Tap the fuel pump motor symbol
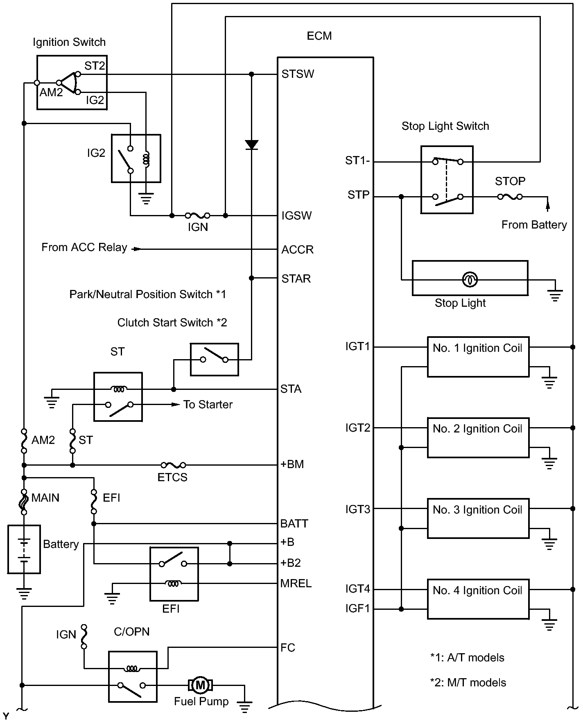coord(200,685)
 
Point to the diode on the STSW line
coord(251,145)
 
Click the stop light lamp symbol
coord(470,280)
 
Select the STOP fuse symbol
coord(510,197)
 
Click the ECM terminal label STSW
coord(298,74)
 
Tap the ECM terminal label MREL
coord(296,583)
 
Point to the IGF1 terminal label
coord(357,609)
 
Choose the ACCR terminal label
coord(297,249)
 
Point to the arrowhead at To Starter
coord(176,405)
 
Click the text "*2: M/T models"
coord(468,682)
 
